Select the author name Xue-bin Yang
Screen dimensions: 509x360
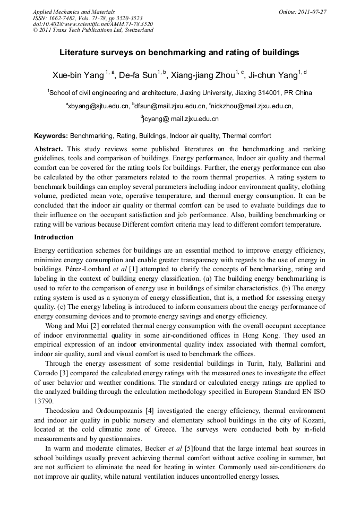[78, 74]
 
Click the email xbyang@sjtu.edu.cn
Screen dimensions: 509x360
[99, 106]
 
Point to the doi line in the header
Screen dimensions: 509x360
[93, 24]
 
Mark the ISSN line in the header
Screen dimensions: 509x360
[88, 18]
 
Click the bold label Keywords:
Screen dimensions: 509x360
[51, 136]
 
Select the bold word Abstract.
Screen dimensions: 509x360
[48, 150]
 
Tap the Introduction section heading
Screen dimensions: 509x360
[54, 237]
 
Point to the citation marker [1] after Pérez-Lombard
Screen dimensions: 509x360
[126, 270]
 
